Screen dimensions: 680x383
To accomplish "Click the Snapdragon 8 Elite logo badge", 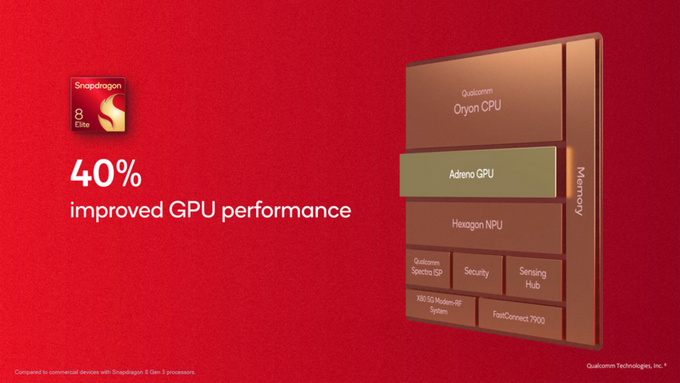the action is (98, 104).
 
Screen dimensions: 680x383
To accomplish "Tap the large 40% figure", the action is (106, 173).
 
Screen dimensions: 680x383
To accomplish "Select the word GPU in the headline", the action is (192, 210).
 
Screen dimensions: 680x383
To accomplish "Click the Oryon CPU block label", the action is (477, 107).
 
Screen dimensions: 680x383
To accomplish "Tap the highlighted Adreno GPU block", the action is (477, 172).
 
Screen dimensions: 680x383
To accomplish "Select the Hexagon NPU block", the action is (484, 226).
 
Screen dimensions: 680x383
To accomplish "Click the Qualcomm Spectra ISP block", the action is (428, 268).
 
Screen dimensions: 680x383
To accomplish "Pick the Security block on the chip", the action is (477, 273).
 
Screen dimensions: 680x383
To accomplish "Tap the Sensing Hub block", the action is (533, 278).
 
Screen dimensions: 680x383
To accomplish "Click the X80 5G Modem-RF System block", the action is (440, 307).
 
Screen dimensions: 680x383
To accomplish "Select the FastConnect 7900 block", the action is (520, 319).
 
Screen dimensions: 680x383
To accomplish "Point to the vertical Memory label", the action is (581, 191).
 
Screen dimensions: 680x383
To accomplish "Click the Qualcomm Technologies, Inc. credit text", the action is (626, 365).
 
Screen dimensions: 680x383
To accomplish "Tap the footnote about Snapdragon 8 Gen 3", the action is (106, 372).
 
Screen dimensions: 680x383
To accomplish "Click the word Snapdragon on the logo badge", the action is (98, 86).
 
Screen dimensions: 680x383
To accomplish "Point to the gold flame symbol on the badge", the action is (112, 113).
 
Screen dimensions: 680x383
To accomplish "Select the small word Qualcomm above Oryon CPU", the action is (477, 93).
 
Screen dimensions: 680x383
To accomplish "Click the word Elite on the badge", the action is (82, 125).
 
